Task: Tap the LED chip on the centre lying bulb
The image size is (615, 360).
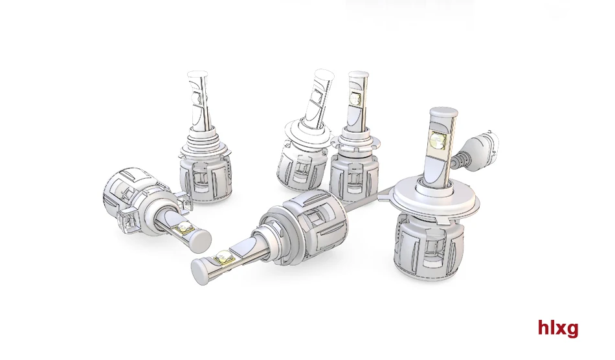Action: (223, 257)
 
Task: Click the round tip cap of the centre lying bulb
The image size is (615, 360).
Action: (201, 270)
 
